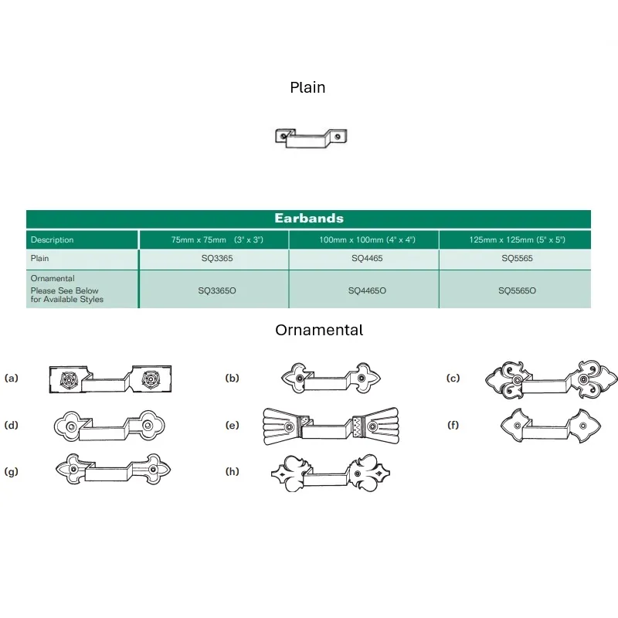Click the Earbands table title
(309, 219)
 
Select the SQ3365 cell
(217, 258)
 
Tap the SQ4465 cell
(367, 258)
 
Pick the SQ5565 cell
(517, 258)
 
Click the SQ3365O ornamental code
(217, 290)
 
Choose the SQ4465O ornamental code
(367, 290)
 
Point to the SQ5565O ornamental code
(517, 290)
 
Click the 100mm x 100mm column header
(368, 239)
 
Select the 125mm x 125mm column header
(517, 239)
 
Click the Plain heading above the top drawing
(307, 87)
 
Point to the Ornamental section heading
(319, 330)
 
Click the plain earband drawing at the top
(311, 138)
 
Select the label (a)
(12, 378)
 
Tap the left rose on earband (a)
(69, 379)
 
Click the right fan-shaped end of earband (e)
(375, 426)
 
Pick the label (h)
(233, 471)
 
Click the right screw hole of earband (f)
(583, 426)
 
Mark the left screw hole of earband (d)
(71, 427)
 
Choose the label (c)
(453, 378)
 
